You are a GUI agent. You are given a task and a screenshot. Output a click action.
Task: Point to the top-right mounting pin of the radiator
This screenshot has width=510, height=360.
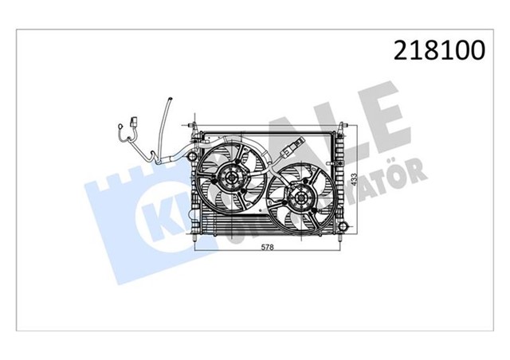[343, 126]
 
